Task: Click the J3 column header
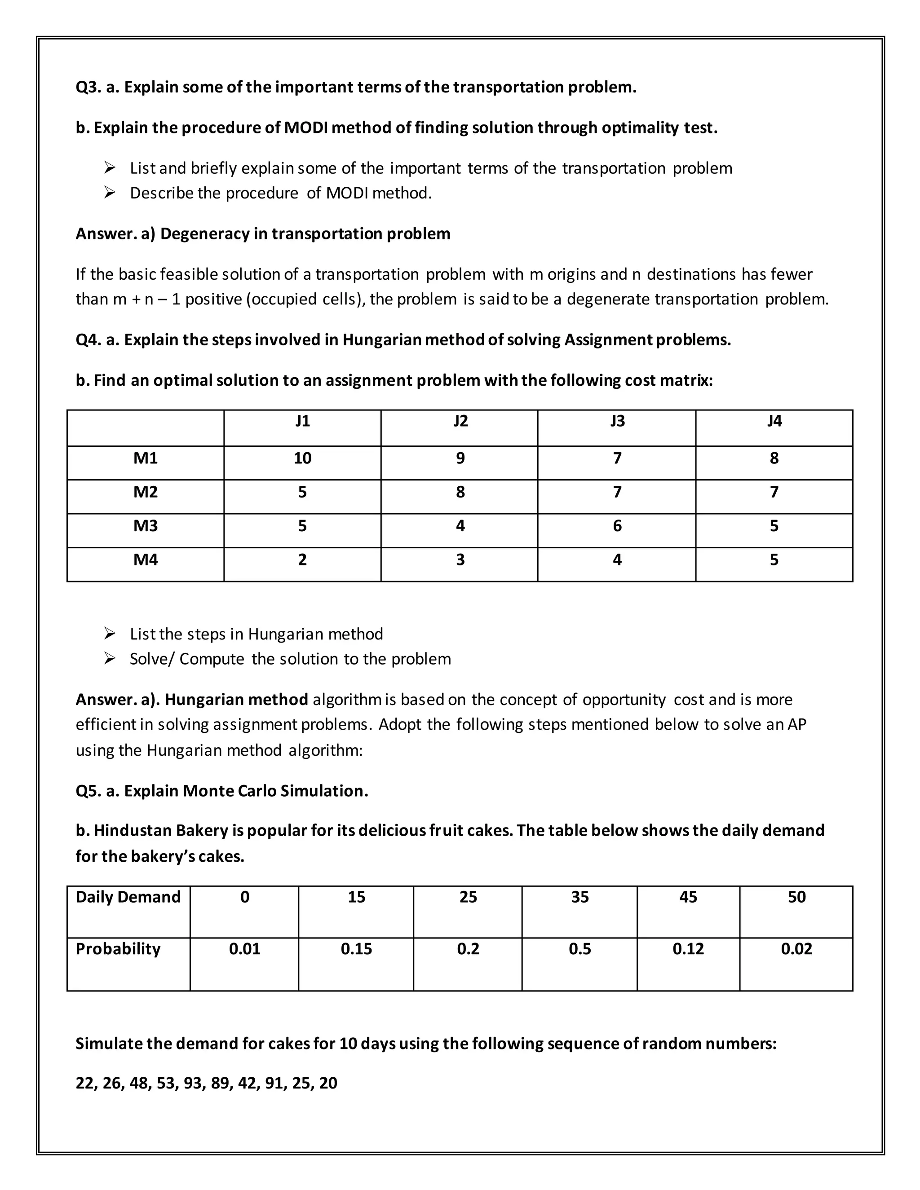tap(617, 421)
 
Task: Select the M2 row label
tap(145, 492)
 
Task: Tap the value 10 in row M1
tap(302, 458)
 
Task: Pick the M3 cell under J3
tap(617, 526)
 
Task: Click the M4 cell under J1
tap(302, 560)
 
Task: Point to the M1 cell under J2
tap(460, 458)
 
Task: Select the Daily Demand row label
tap(128, 897)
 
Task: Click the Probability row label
tap(118, 948)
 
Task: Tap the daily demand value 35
tap(579, 897)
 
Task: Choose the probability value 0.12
tap(688, 948)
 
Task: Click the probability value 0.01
tap(244, 948)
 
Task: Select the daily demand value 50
tap(796, 897)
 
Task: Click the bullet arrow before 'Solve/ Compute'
tap(110, 658)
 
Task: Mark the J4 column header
tap(774, 421)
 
